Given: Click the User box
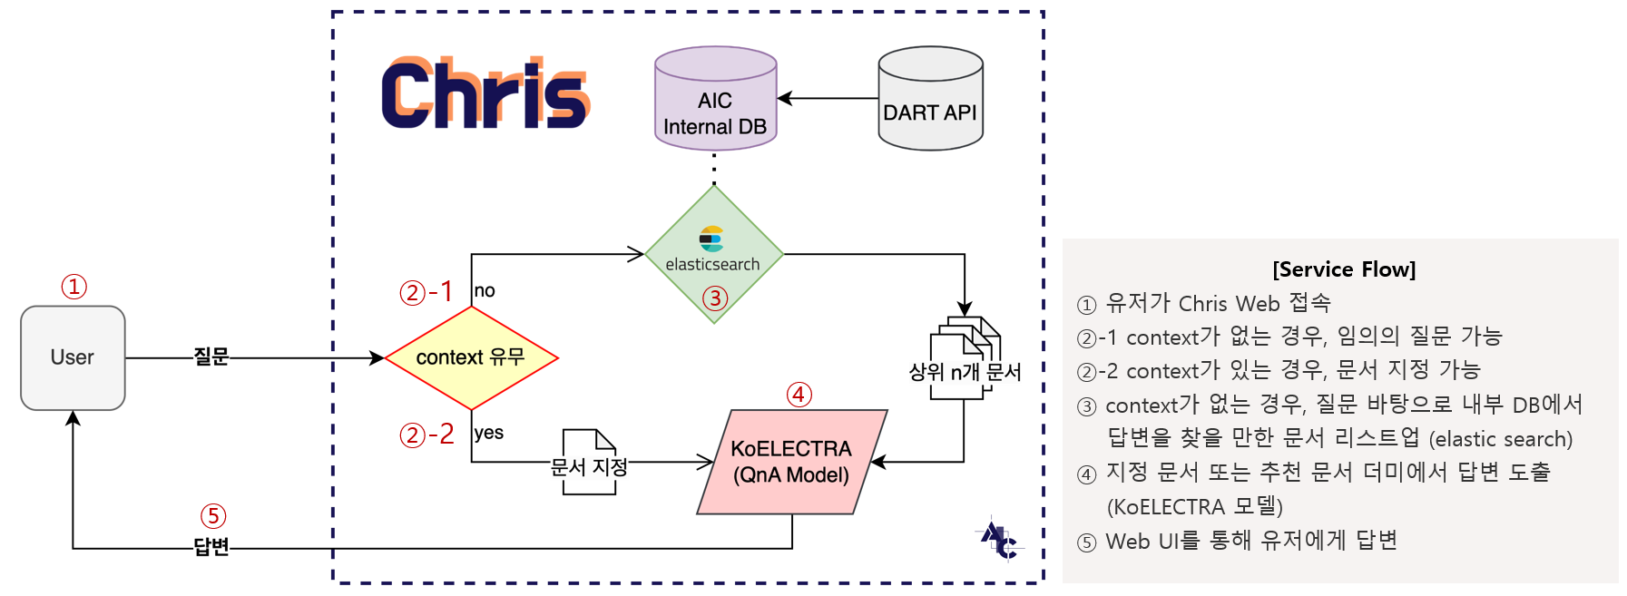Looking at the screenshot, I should pyautogui.click(x=73, y=357).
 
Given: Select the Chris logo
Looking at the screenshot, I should pyautogui.click(x=485, y=93).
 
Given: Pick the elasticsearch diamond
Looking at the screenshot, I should pyautogui.click(x=714, y=254).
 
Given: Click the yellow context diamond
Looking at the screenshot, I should pyautogui.click(x=471, y=357).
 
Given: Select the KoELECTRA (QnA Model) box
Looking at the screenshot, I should pyautogui.click(x=791, y=462).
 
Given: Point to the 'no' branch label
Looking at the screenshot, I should pyautogui.click(x=485, y=291).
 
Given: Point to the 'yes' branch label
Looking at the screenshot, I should pyautogui.click(x=488, y=433).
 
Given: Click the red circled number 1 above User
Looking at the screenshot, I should pyautogui.click(x=74, y=287).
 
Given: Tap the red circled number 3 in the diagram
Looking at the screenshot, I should pyautogui.click(x=715, y=298).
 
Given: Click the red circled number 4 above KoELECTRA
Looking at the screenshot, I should pyautogui.click(x=799, y=395).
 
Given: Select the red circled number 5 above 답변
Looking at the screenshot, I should pyautogui.click(x=213, y=516).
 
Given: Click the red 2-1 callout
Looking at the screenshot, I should pyautogui.click(x=426, y=292).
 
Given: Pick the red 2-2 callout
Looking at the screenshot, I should pyautogui.click(x=426, y=435).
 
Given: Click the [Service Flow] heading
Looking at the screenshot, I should pyautogui.click(x=1343, y=269).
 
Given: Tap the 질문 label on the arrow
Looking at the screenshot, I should pyautogui.click(x=211, y=357).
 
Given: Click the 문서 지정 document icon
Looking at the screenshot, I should pyautogui.click(x=589, y=463).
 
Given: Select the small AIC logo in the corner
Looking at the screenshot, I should pyautogui.click(x=999, y=541).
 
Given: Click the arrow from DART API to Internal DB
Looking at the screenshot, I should pyautogui.click(x=828, y=98).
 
